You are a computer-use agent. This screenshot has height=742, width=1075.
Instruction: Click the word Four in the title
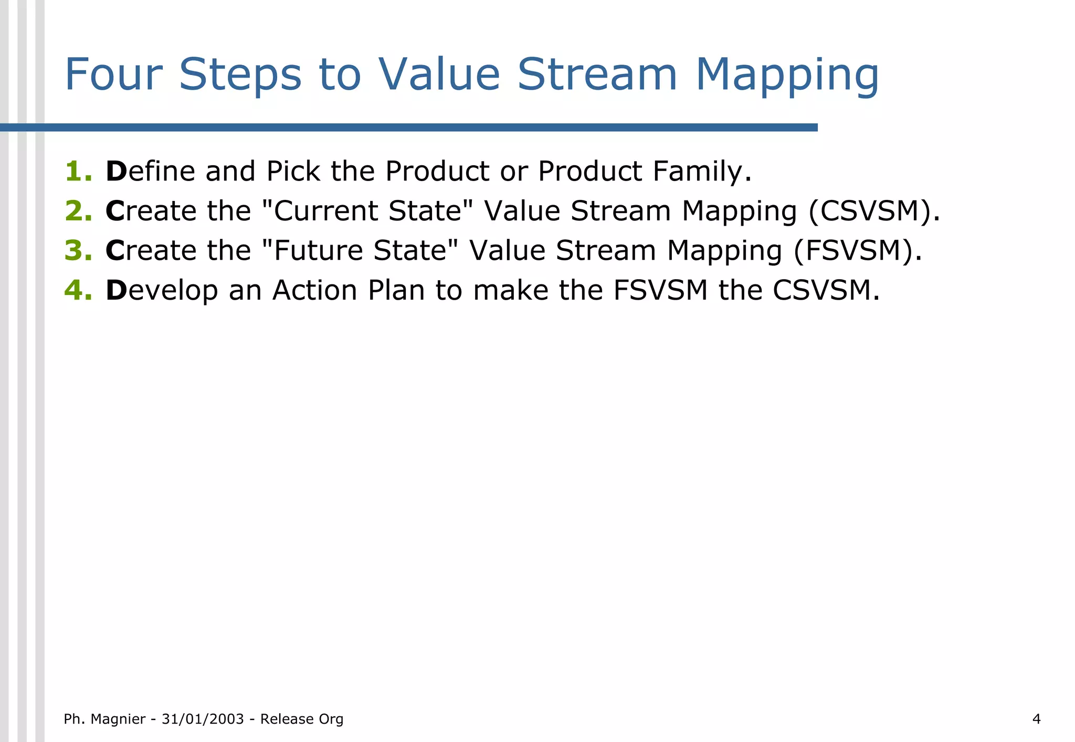coord(113,75)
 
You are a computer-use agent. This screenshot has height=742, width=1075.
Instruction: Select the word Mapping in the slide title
coord(786,75)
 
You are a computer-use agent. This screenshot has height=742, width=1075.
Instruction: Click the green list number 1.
coord(78,172)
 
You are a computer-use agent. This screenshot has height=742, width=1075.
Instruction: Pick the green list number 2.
coord(78,211)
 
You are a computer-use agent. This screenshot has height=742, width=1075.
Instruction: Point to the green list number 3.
coord(78,250)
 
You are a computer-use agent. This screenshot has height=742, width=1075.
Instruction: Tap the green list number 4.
coord(78,290)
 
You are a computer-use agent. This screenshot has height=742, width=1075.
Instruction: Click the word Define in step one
coord(151,172)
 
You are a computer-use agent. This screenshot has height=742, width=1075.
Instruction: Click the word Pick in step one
coord(293,172)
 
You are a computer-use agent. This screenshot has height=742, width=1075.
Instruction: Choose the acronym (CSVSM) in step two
coord(873,211)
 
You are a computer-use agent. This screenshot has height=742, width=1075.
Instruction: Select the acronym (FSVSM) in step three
coord(857,250)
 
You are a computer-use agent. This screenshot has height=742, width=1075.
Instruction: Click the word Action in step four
coord(314,290)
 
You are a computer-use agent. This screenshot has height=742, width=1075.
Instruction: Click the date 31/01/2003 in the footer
coord(203,719)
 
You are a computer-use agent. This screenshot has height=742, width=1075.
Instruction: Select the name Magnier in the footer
coord(118,719)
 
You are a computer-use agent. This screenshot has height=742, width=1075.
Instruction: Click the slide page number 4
coord(1036,719)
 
